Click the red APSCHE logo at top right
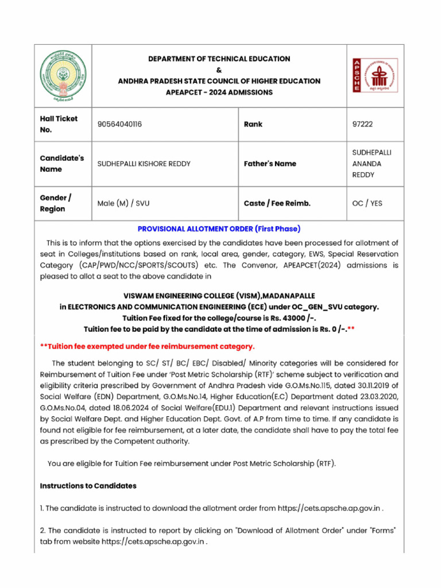pos(374,75)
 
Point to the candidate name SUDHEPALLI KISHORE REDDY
pos(144,164)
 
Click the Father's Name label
pos(270,164)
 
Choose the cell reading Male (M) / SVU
pos(123,203)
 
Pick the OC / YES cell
pos(367,203)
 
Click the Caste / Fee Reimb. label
pos(281,203)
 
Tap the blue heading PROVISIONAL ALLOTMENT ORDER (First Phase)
pos(219,229)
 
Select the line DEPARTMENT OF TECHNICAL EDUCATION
pos(219,59)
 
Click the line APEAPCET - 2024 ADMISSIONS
pos(219,92)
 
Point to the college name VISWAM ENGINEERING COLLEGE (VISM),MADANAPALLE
pos(219,296)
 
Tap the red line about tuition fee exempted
pos(147,346)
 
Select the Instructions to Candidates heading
pos(88,486)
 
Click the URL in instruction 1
pos(330,508)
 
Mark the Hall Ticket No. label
pos(59,124)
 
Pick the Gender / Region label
pos(56,203)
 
